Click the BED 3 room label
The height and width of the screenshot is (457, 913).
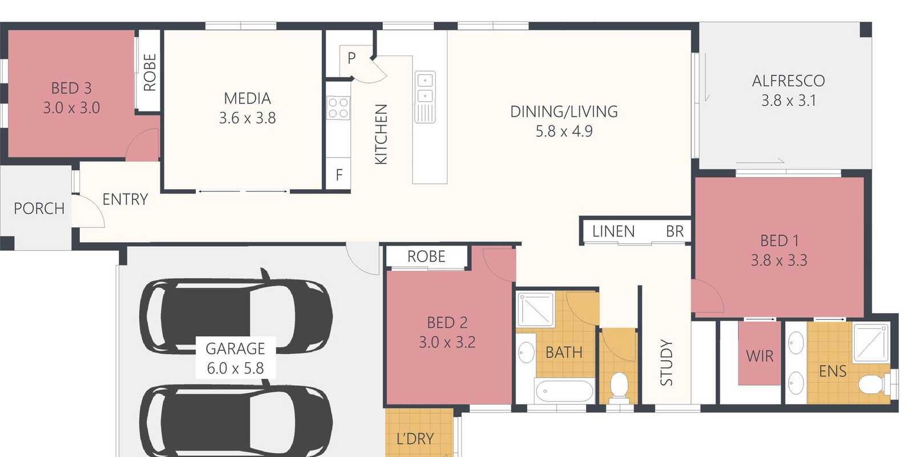pos(71,88)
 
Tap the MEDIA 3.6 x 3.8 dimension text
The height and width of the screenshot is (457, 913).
pos(248,118)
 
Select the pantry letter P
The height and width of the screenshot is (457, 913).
pos(352,58)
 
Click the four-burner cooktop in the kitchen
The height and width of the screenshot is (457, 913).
pos(338,108)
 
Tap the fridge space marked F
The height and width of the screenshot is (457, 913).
pos(339,175)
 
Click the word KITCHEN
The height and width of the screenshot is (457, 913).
pos(381,134)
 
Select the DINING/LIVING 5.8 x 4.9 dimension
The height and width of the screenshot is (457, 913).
pos(564,131)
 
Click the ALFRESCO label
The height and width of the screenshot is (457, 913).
pos(788,81)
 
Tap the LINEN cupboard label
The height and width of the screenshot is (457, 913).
pos(613,231)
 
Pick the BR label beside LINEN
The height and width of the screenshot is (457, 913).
pos(674,231)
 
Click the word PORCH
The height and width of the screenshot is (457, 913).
pos(39,209)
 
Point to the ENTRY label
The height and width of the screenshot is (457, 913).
pos(125,199)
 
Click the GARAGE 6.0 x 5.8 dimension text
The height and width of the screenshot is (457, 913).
pos(236,368)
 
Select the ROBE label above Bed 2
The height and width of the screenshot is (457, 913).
pos(426,256)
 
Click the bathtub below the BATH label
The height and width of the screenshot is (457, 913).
pos(564,391)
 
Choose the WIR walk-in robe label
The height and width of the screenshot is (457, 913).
pos(760,356)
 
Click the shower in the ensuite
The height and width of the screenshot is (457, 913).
pos(871,342)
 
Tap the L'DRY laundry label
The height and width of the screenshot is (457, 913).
pos(415,439)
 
